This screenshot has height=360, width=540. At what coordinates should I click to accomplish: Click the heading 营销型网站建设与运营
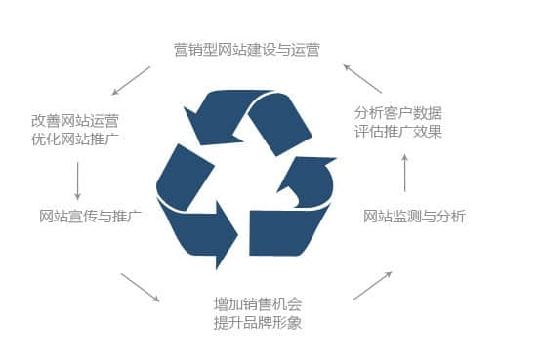[247, 50]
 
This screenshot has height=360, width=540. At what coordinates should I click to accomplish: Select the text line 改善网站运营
[75, 121]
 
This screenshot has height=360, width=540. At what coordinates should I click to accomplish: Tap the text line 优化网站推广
[75, 140]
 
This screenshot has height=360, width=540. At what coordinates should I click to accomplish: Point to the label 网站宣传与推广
[90, 217]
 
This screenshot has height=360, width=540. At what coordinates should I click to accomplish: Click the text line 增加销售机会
[258, 304]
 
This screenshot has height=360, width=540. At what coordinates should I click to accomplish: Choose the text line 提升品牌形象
[258, 323]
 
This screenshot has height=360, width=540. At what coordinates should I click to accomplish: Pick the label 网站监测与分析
[414, 217]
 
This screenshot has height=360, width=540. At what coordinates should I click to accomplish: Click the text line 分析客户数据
[398, 113]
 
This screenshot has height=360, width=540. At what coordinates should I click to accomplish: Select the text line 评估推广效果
[398, 132]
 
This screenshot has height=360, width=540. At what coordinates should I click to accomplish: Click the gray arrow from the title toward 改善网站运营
[131, 81]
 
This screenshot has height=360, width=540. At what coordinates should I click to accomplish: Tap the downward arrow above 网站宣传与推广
[77, 181]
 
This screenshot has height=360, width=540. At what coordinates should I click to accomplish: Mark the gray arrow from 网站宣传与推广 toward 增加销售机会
[141, 288]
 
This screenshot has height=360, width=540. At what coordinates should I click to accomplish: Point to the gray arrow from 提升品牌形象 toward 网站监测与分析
[373, 286]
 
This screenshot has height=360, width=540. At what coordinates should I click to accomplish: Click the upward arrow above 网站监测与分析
[405, 173]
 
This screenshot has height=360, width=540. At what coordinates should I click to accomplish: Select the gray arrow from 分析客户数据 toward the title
[362, 78]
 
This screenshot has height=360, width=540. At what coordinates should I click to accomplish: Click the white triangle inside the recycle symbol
[246, 176]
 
